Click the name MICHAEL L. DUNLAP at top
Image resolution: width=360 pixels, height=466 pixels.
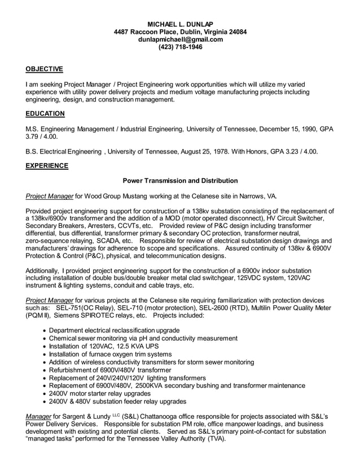tap(180, 24)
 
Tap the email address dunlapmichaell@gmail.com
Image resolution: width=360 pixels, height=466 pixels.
tap(180, 39)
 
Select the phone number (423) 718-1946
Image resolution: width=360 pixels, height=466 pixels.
tap(180, 47)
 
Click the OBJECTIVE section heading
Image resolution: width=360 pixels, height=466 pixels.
tap(45, 69)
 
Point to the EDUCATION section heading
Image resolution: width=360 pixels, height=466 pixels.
tap(45, 114)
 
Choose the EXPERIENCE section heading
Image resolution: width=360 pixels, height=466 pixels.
tap(47, 166)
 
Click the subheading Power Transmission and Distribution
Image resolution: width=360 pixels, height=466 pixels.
tap(180, 181)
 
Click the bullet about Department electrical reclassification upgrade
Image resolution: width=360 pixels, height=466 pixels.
tap(115, 331)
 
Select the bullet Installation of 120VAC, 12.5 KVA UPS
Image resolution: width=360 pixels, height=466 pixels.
tap(104, 346)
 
